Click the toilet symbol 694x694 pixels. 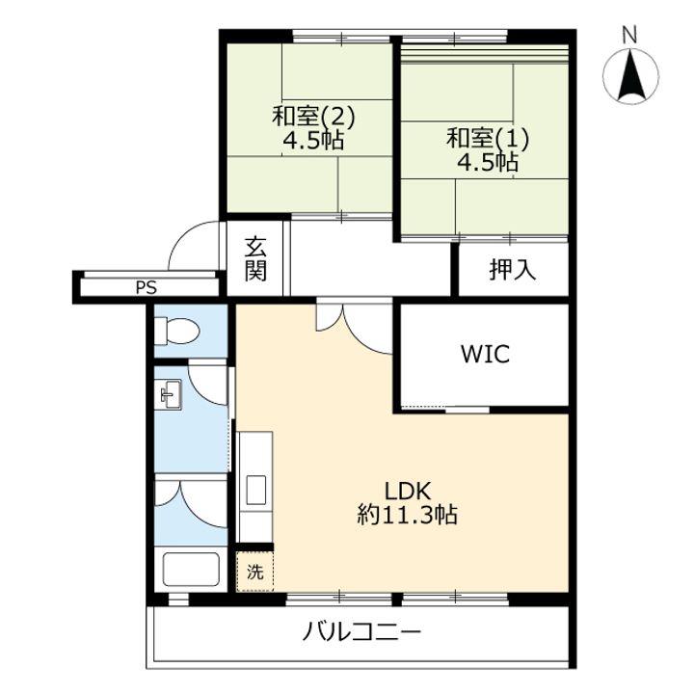(x=177, y=331)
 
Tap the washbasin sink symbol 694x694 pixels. (x=171, y=394)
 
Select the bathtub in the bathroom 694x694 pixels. (x=191, y=569)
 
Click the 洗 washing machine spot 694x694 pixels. (x=254, y=572)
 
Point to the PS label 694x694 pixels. (x=147, y=288)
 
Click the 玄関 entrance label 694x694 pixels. (x=255, y=259)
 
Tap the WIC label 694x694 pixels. (x=485, y=354)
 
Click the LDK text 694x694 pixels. (x=407, y=491)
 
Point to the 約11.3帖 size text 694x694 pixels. (x=407, y=515)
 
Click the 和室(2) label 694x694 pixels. (x=313, y=117)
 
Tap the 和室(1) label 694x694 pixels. (x=488, y=138)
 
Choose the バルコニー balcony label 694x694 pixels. (x=361, y=632)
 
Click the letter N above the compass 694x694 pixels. (x=629, y=35)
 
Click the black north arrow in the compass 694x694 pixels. (x=630, y=77)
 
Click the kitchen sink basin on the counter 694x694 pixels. (x=256, y=490)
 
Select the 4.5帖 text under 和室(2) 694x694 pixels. (x=313, y=141)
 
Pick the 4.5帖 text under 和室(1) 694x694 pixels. (x=488, y=162)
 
